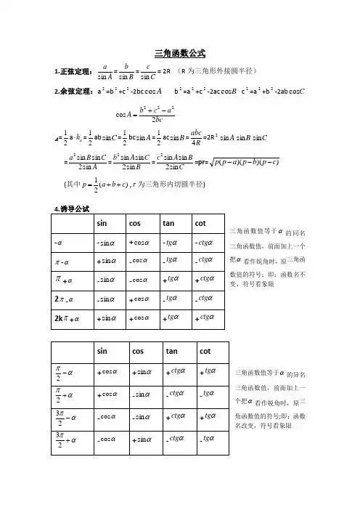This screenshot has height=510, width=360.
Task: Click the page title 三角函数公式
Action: pos(181,53)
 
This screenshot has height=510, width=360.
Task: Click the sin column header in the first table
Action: pos(102,222)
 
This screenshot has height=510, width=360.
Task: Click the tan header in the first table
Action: pos(173,222)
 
